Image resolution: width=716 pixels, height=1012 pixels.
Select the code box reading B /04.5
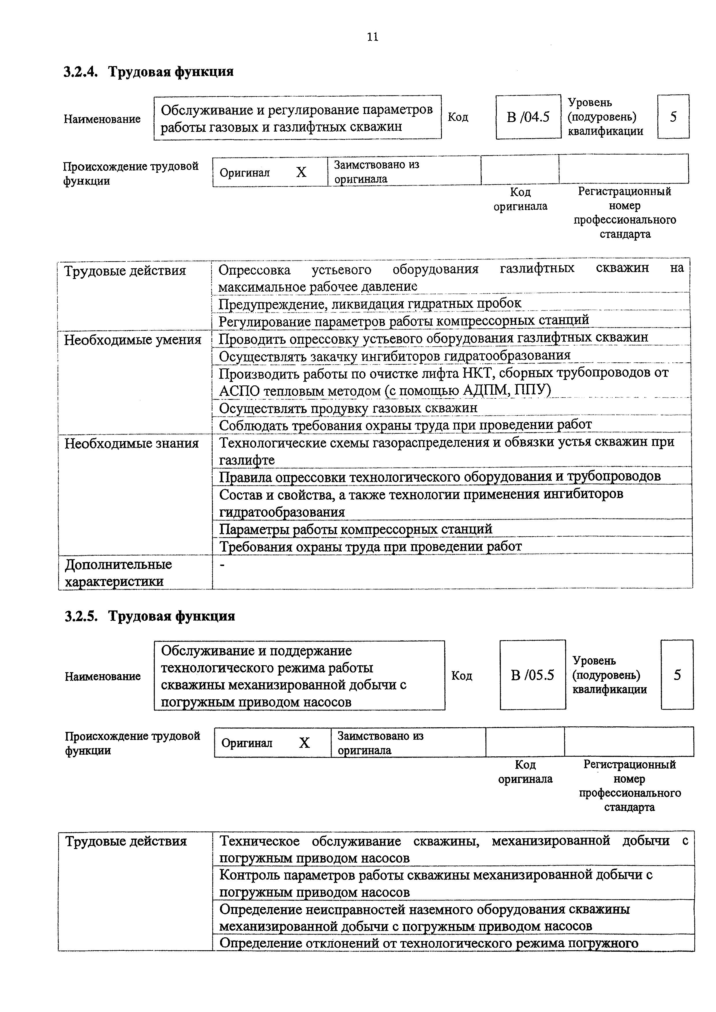pos(528,117)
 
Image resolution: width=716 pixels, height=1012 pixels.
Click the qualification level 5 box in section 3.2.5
pos(677,675)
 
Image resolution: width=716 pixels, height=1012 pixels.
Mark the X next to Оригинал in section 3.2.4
pos(301,172)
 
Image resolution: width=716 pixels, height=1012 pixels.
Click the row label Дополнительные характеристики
pos(118,573)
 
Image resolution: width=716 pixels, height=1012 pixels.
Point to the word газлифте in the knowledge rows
pos(247,460)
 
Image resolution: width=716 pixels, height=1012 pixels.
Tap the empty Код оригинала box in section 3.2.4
pos(520,169)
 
